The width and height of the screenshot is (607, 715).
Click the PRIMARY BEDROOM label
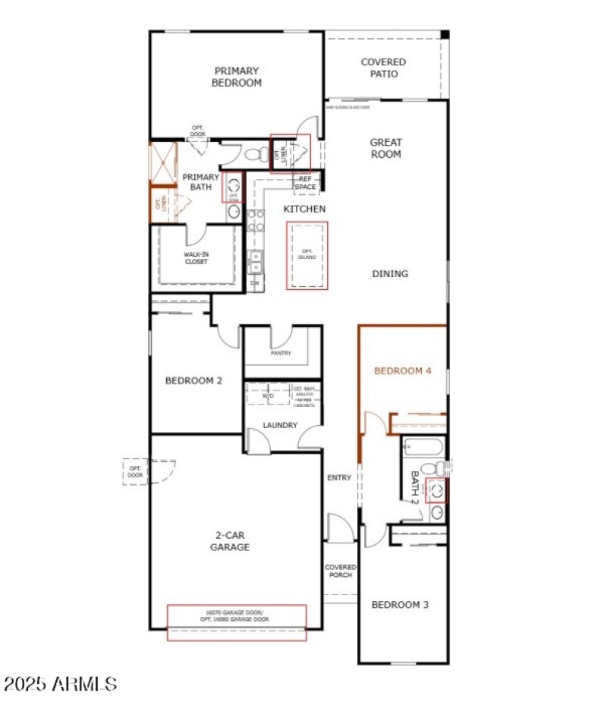click(236, 77)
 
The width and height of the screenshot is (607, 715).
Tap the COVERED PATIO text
click(383, 68)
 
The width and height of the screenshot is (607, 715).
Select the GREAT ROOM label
click(385, 148)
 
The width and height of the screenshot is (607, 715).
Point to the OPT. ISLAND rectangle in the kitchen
click(307, 255)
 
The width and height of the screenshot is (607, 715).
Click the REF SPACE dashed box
click(306, 182)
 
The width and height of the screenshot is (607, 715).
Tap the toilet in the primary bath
click(256, 155)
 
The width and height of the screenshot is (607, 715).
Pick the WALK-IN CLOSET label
click(196, 258)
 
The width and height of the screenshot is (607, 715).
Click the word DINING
click(390, 274)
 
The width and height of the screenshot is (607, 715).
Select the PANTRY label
click(281, 353)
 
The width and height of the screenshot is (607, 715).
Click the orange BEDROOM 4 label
click(403, 371)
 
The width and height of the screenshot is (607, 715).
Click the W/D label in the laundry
click(268, 395)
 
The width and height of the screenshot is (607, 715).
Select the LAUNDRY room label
click(280, 426)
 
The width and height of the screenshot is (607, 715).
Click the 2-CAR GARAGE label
click(230, 540)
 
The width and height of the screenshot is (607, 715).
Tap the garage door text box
click(237, 616)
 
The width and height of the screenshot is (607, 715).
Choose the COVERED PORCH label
click(340, 571)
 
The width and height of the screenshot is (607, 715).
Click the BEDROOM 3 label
click(400, 605)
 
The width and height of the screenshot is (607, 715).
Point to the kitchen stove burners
click(256, 220)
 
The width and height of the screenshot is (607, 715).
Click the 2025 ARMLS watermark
click(60, 684)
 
